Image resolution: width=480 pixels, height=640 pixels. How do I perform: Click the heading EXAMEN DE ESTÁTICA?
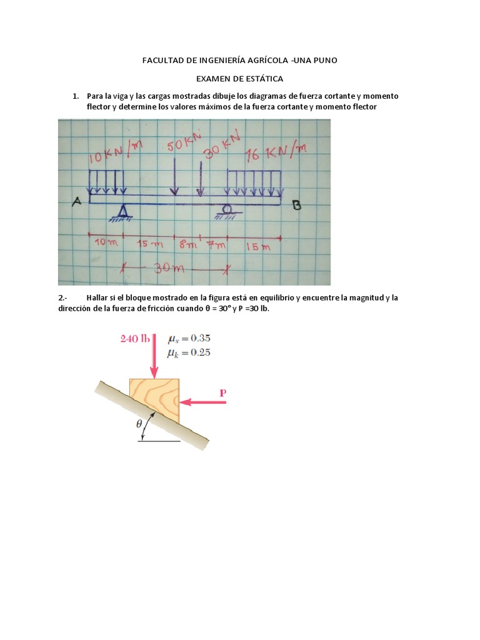[x=239, y=79]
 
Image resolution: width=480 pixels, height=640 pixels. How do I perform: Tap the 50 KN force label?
[x=184, y=145]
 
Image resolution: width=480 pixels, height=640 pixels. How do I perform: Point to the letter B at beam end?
[x=296, y=204]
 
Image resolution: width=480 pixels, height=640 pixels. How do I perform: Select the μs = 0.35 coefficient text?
[x=189, y=339]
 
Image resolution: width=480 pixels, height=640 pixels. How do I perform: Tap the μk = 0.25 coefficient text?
[x=189, y=352]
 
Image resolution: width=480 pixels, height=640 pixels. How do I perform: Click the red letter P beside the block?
[x=222, y=393]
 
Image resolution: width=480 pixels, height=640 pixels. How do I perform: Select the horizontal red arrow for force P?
[x=203, y=403]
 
